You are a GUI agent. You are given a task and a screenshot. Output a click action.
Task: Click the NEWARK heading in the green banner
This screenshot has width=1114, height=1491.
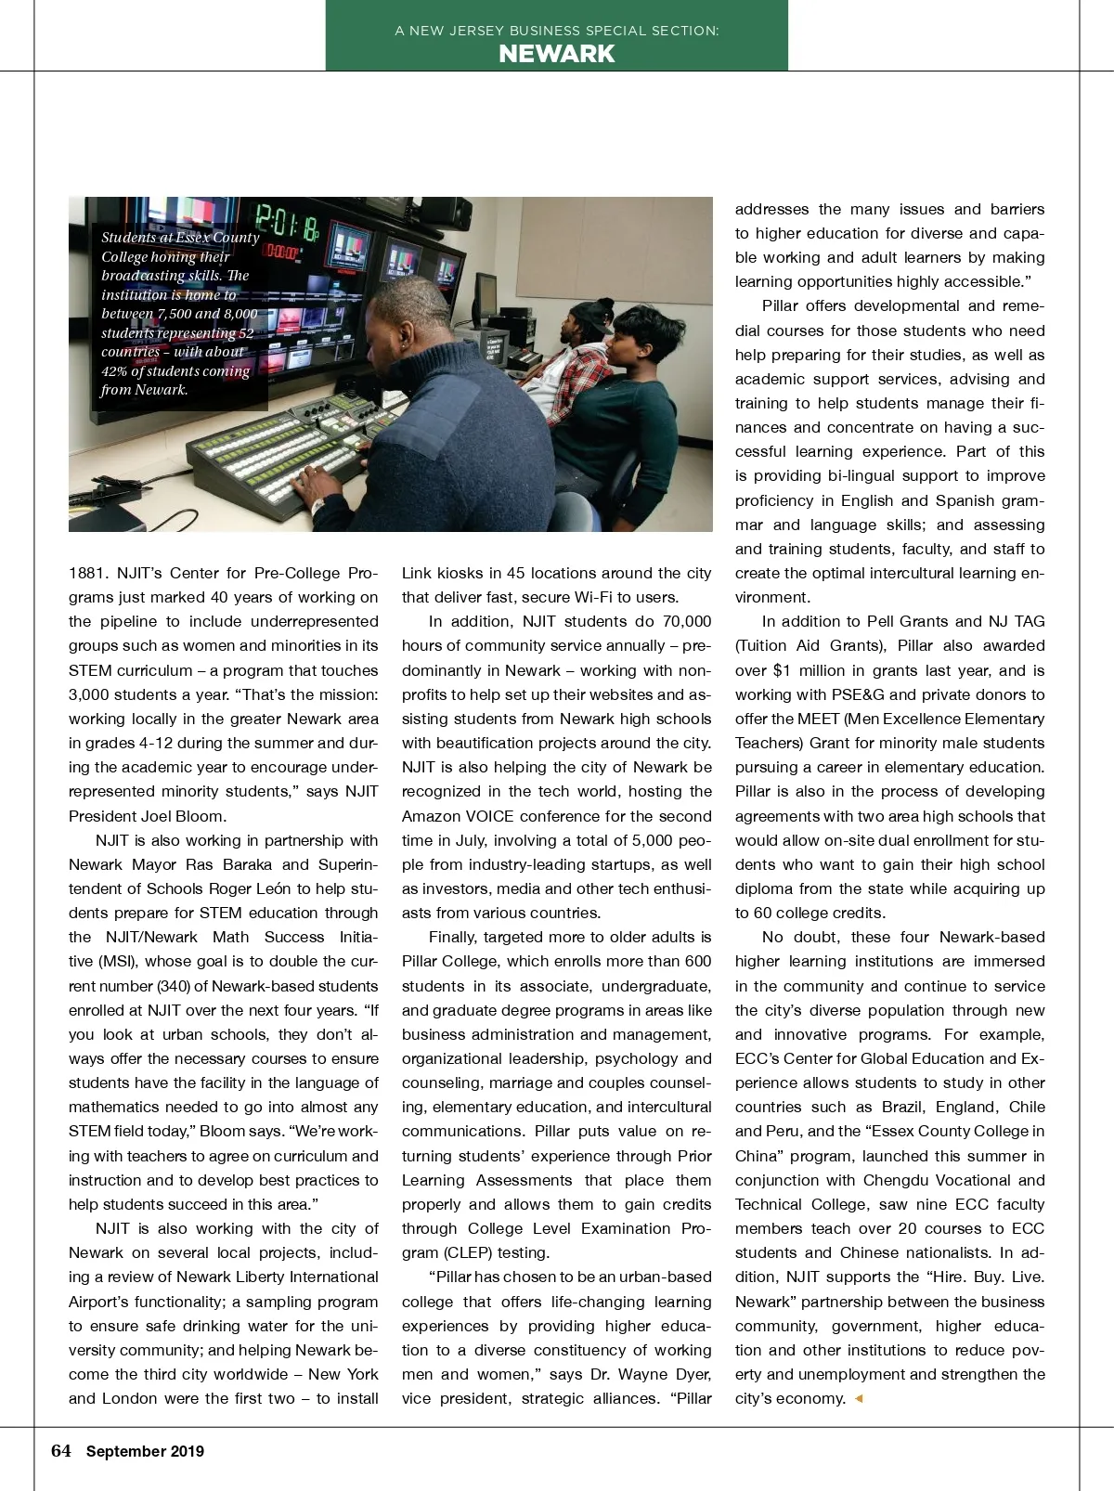pos(556,54)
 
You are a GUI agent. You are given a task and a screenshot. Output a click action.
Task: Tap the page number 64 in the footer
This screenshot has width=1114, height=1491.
pos(61,1451)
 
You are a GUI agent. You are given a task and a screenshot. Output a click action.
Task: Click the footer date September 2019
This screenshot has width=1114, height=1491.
pos(145,1452)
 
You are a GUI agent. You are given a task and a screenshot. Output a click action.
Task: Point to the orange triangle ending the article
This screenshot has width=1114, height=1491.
pos(859,1398)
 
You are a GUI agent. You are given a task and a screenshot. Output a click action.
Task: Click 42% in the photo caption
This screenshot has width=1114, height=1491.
pos(117,371)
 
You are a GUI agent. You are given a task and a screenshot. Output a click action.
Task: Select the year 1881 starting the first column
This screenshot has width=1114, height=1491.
pos(87,573)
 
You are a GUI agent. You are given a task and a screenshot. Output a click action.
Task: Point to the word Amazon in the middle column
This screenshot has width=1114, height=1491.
pos(432,816)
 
